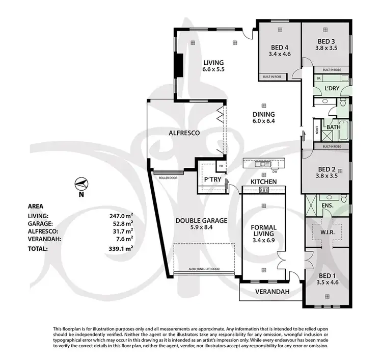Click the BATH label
(x=334, y=127)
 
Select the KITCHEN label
(x=263, y=182)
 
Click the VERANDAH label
(x=272, y=292)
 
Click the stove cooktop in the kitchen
(x=263, y=190)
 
